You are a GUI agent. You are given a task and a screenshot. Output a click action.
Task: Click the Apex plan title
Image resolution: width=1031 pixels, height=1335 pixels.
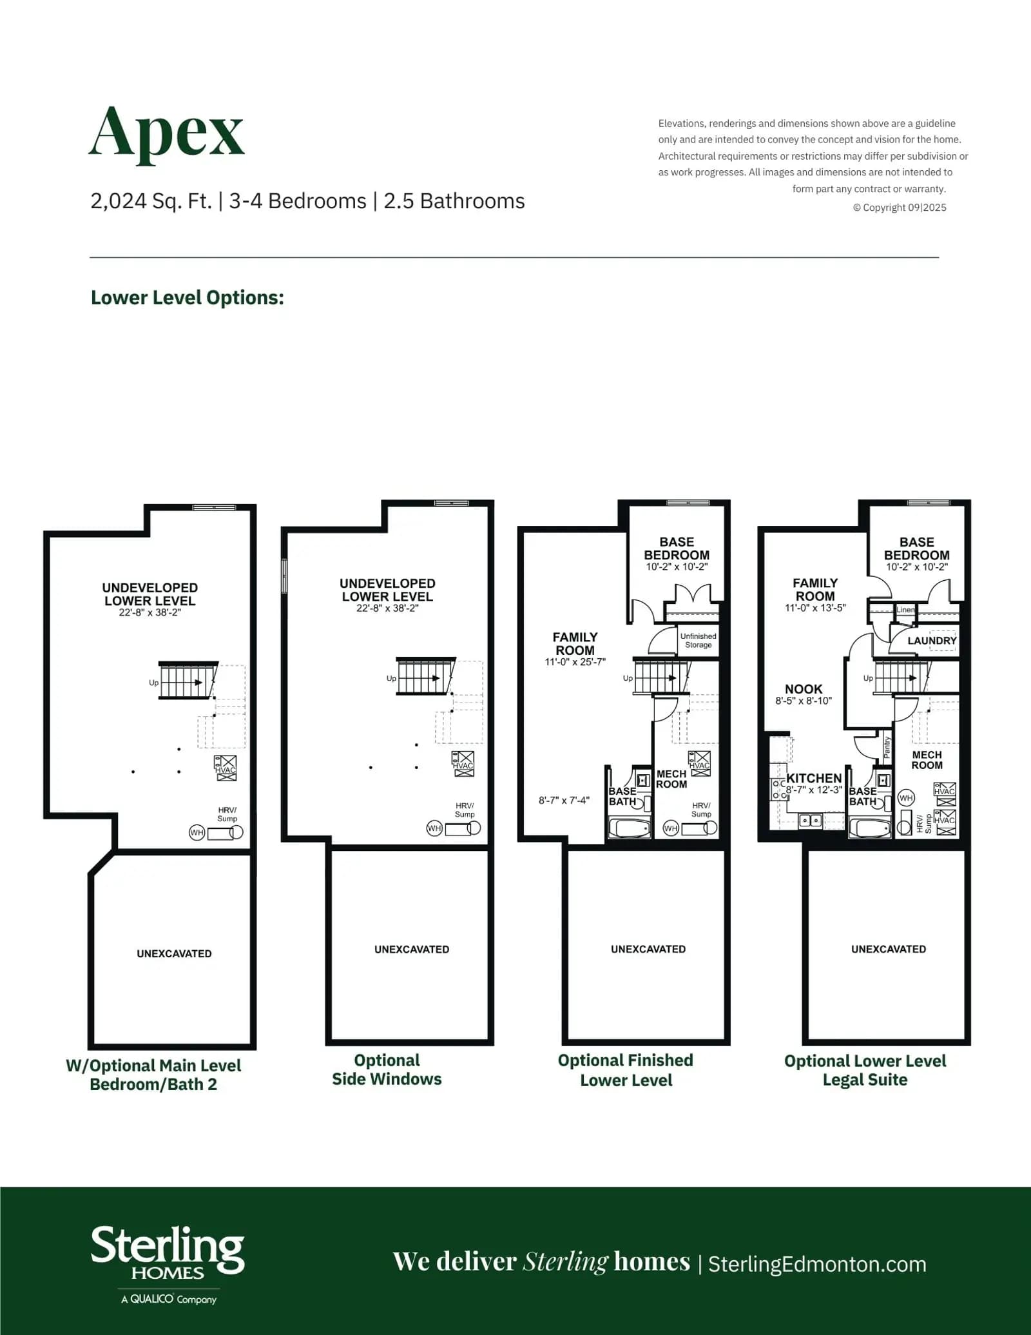click(x=166, y=133)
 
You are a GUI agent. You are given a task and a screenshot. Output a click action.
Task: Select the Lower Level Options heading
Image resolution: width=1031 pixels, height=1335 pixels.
click(x=188, y=297)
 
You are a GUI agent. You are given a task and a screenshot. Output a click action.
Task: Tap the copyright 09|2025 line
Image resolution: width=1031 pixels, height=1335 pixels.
click(x=900, y=208)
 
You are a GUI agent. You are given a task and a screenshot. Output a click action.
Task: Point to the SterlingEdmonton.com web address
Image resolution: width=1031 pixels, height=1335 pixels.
click(x=817, y=1264)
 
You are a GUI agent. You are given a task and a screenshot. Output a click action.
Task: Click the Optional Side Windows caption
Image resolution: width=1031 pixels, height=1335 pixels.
click(x=387, y=1069)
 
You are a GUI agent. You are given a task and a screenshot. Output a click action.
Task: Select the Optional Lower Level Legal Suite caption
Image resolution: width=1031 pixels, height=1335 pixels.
click(x=865, y=1070)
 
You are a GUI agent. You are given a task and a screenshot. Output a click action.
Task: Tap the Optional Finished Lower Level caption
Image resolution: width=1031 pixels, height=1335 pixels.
click(x=626, y=1070)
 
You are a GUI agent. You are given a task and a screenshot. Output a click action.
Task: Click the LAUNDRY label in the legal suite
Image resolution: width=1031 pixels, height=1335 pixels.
click(x=932, y=641)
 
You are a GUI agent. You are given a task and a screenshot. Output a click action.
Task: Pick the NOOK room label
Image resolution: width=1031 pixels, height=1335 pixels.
click(x=804, y=689)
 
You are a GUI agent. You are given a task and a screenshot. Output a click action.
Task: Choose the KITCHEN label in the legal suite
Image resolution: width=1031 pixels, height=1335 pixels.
click(x=814, y=778)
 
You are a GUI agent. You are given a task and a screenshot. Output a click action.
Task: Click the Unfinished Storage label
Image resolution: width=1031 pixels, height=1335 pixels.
click(x=699, y=640)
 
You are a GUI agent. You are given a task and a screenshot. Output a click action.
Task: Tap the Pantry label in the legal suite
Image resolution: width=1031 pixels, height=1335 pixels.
click(x=887, y=746)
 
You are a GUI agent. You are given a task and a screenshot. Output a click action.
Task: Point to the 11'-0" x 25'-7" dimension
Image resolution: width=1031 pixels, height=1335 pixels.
click(x=575, y=662)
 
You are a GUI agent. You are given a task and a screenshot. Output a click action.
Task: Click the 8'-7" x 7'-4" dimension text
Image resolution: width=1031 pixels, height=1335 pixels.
click(x=564, y=801)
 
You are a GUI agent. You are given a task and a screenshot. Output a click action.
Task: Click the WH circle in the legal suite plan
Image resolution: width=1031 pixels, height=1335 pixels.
click(x=906, y=798)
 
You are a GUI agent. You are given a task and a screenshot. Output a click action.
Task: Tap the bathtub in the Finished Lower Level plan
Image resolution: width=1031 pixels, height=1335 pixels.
click(x=630, y=828)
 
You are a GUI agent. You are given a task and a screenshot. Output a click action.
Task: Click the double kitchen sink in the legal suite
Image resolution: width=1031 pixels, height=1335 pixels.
click(x=810, y=821)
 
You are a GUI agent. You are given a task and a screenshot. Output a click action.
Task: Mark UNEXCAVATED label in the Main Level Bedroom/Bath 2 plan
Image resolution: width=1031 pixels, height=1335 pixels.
click(x=174, y=953)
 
